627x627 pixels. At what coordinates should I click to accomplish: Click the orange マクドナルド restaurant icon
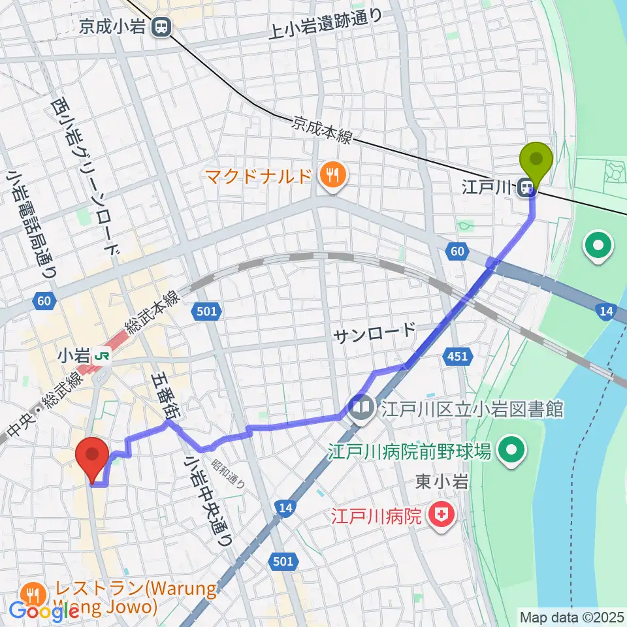tap(332, 176)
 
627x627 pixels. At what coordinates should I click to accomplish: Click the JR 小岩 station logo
tap(102, 357)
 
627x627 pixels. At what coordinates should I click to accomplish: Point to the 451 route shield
tap(457, 356)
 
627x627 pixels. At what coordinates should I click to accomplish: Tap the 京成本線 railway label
tap(323, 129)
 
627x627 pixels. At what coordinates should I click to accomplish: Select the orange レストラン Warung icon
tap(31, 593)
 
